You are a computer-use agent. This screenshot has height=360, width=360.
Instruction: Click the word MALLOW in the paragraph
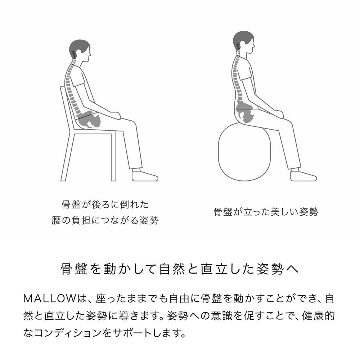(x=50, y=298)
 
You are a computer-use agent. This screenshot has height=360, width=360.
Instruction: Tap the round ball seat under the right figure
(x=244, y=152)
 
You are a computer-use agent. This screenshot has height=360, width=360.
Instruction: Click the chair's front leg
(x=114, y=156)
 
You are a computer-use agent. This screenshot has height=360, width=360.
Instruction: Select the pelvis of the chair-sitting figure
(x=89, y=119)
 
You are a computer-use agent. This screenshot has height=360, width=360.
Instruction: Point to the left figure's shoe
(x=145, y=176)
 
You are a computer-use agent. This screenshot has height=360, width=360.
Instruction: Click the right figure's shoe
(x=303, y=176)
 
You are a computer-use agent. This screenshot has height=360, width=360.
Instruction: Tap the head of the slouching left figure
(x=80, y=50)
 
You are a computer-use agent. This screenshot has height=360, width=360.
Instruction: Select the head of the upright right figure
(x=244, y=42)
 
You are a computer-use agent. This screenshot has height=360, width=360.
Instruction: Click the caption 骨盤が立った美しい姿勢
(x=266, y=212)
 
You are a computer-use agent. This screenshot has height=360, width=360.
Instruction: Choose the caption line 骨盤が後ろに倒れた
(x=105, y=204)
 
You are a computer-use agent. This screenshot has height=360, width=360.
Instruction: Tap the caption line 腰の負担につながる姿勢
(x=105, y=220)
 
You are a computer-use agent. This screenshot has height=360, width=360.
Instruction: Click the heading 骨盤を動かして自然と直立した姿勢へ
(x=180, y=269)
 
